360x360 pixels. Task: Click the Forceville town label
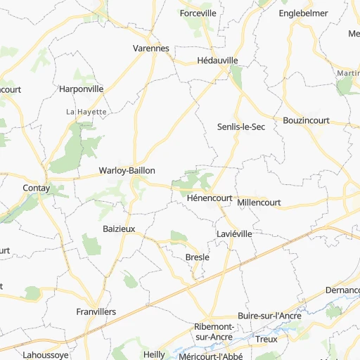tap(198, 13)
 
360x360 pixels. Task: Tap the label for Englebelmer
tap(303, 13)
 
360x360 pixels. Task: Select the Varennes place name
tap(151, 49)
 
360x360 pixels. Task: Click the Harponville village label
tap(82, 89)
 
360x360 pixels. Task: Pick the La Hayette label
tap(86, 112)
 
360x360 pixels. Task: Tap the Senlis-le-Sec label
tap(240, 127)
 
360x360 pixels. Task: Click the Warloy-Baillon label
tap(127, 171)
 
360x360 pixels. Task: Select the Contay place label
tap(36, 188)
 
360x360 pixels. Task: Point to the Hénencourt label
tap(210, 198)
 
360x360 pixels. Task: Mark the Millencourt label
tap(259, 202)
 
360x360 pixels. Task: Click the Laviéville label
tap(234, 233)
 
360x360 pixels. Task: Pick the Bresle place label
tap(197, 257)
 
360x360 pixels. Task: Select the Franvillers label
tap(96, 311)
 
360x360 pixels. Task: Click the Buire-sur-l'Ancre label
tap(269, 316)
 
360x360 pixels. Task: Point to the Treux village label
tap(266, 339)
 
